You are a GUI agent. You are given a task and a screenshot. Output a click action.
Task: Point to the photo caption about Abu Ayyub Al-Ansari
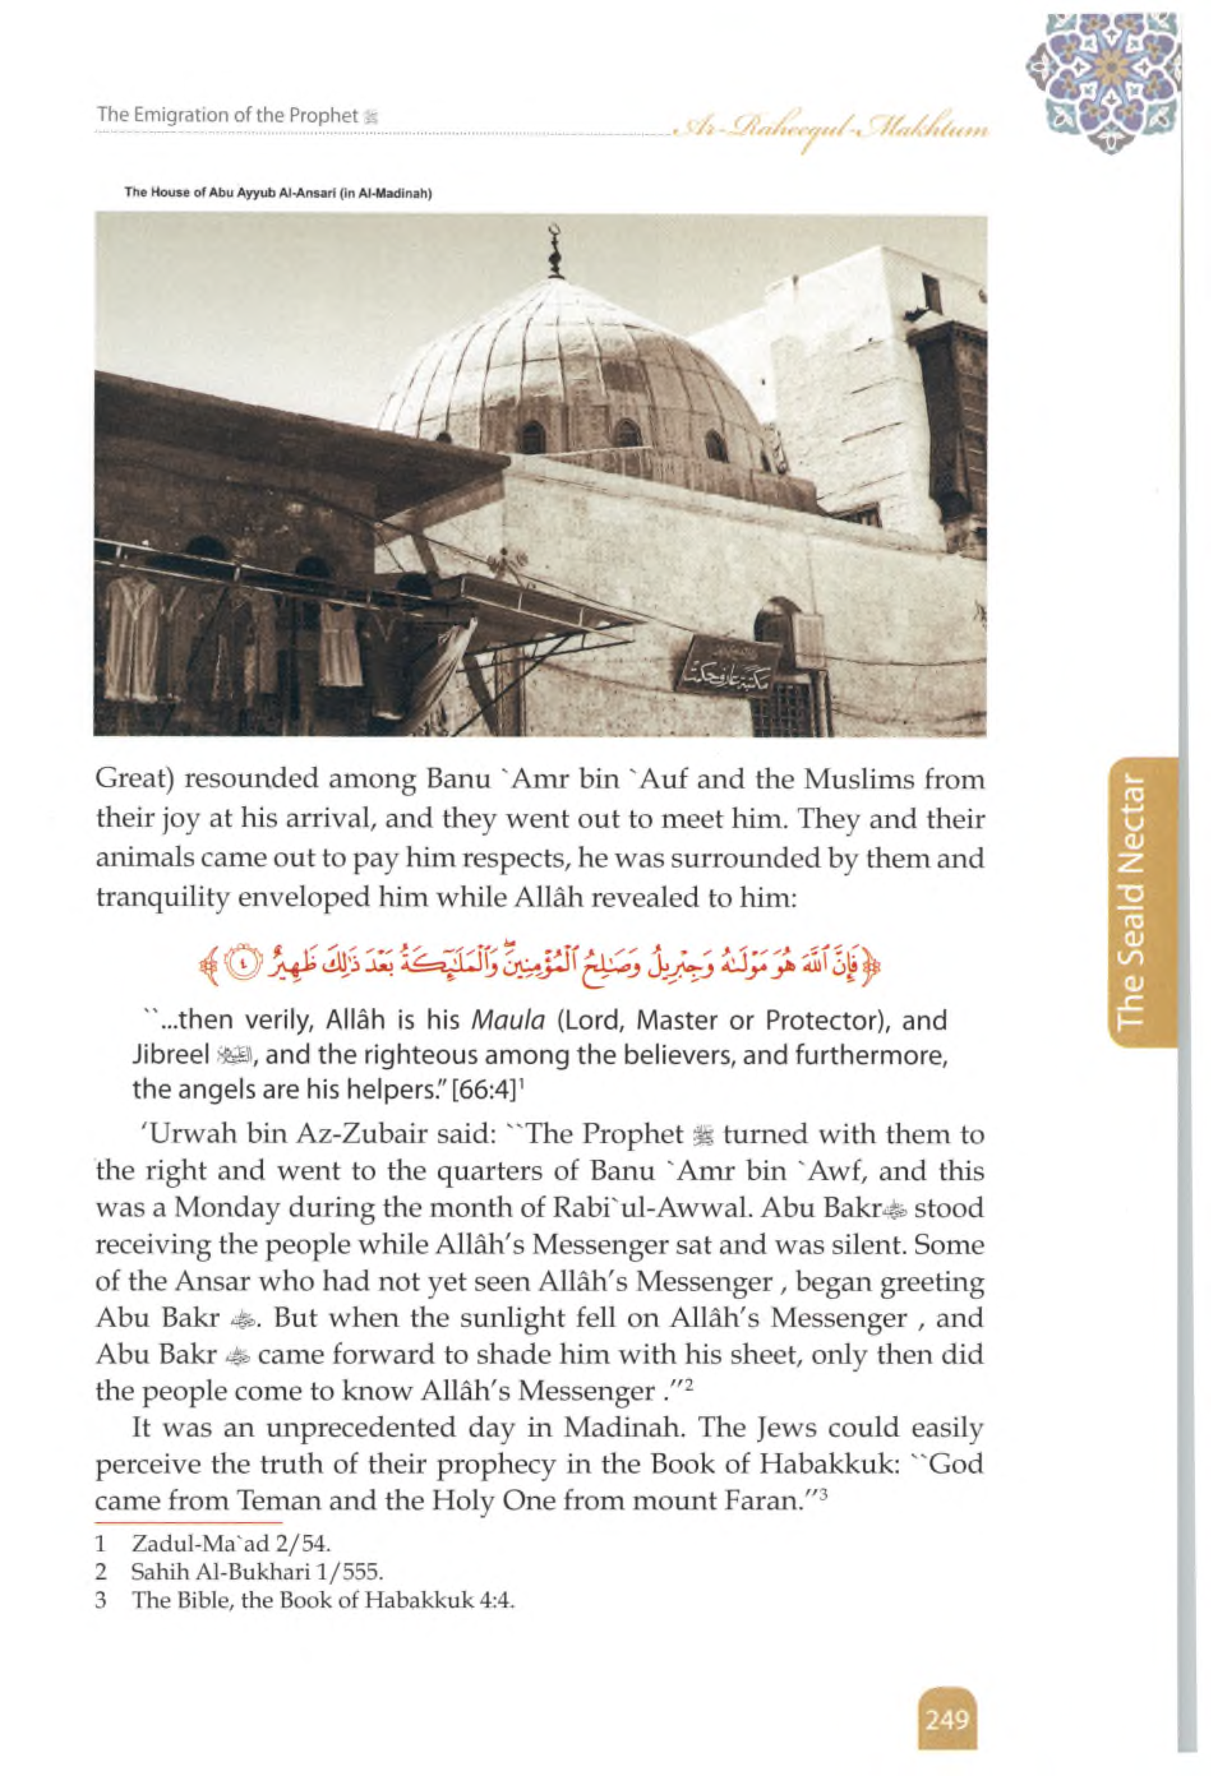279,193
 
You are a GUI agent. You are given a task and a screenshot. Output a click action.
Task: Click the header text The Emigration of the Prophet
228,115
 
